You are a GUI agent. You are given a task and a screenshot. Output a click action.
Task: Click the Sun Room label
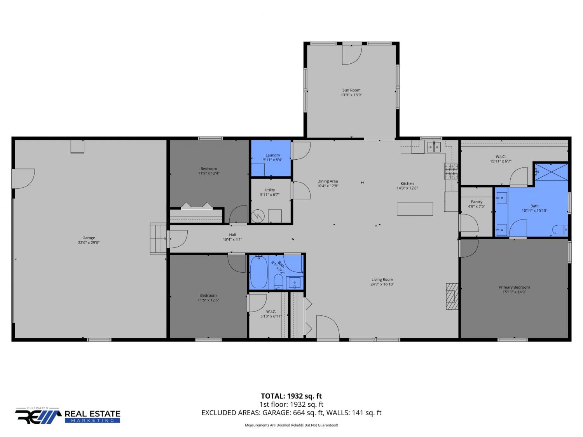click(x=351, y=90)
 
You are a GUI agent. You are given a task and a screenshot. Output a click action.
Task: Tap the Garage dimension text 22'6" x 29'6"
click(x=89, y=242)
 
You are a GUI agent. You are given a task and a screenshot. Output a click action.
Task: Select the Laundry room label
click(x=273, y=155)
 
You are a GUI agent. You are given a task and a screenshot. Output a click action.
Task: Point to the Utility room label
click(x=270, y=190)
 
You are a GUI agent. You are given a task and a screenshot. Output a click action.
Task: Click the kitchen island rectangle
click(x=415, y=209)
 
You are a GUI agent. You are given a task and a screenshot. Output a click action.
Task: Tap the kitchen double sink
click(x=434, y=147)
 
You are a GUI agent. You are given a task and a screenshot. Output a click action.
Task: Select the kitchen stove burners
click(x=451, y=171)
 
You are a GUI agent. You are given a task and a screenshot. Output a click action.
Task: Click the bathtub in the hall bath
click(x=259, y=272)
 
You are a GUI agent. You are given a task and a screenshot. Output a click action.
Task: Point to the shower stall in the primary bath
click(x=551, y=172)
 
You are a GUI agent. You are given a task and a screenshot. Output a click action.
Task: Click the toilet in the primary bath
click(x=560, y=230)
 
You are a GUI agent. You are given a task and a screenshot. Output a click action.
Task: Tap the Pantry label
click(x=477, y=202)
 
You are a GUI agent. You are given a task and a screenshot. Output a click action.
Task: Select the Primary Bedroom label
click(x=514, y=287)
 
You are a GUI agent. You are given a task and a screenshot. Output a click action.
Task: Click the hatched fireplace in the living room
click(x=452, y=297)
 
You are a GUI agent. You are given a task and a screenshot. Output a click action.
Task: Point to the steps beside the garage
click(x=158, y=239)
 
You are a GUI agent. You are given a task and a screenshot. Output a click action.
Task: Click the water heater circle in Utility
click(x=258, y=216)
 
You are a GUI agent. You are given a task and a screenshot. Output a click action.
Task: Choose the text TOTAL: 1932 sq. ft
click(x=291, y=396)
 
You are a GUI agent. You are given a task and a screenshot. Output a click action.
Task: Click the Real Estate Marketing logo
click(x=68, y=416)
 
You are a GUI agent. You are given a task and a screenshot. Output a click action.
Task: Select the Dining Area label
click(x=328, y=181)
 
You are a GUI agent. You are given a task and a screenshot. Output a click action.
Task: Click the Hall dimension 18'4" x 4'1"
click(x=232, y=240)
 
